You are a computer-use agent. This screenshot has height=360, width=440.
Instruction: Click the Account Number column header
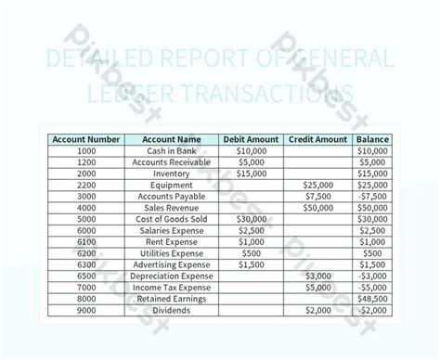coord(86,139)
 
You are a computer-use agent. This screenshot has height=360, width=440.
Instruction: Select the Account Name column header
coord(170,139)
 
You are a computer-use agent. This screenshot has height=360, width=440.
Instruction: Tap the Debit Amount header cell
coord(251,139)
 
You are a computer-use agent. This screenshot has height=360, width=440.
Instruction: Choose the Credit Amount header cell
coord(317,139)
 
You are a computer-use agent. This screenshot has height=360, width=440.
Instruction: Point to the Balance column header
coord(372,139)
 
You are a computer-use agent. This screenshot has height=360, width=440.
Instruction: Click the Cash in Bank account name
coord(170,150)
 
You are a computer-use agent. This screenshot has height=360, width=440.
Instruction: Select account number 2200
coord(86,185)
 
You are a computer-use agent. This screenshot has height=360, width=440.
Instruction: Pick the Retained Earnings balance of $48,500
coord(372,299)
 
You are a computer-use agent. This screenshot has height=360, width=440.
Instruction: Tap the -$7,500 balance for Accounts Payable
coord(372,196)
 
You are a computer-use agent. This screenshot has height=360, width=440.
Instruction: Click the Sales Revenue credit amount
coord(317,207)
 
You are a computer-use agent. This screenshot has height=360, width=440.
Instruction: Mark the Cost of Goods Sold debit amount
coord(251,219)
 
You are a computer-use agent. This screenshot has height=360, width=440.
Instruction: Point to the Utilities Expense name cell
coord(170,253)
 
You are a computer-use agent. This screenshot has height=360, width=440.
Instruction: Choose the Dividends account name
coord(170,310)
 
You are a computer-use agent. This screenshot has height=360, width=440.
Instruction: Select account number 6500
coord(86,276)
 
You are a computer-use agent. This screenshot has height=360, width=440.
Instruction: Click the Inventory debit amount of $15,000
coord(251,174)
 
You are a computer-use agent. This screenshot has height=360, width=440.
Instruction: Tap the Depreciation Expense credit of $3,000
coord(317,276)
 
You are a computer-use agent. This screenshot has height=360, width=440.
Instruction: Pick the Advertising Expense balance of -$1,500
coord(372,264)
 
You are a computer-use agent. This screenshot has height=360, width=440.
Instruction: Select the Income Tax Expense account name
coord(170,288)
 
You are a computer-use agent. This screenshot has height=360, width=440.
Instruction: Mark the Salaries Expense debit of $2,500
coord(251,230)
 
